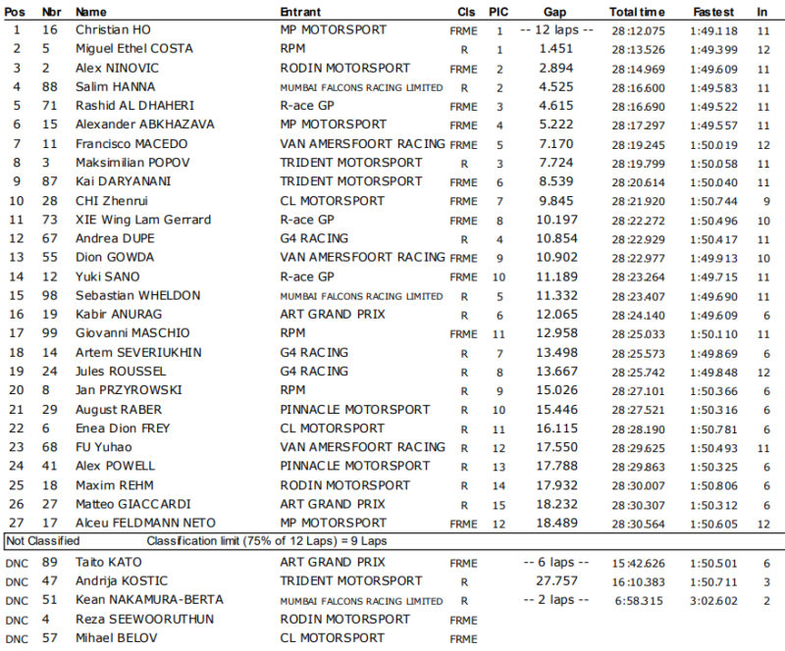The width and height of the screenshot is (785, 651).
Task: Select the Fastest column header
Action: point(712,12)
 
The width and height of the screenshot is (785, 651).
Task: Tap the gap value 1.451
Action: point(555,49)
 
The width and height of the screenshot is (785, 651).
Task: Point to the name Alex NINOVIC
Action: point(113,69)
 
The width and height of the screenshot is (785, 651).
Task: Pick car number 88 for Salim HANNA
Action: point(46,87)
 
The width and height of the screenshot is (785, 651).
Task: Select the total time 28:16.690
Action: point(638,106)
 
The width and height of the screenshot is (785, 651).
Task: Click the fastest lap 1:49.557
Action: point(713,125)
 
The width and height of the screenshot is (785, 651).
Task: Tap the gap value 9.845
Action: point(555,201)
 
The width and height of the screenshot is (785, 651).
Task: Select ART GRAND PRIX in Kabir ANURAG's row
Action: point(333,315)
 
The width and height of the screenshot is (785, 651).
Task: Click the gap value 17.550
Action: point(555,447)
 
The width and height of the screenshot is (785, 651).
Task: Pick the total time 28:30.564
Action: point(638,523)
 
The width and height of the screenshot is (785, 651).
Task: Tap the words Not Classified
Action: point(43,540)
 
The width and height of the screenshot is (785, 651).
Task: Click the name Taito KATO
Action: point(109,563)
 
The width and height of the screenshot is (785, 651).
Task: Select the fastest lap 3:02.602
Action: point(713,600)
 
